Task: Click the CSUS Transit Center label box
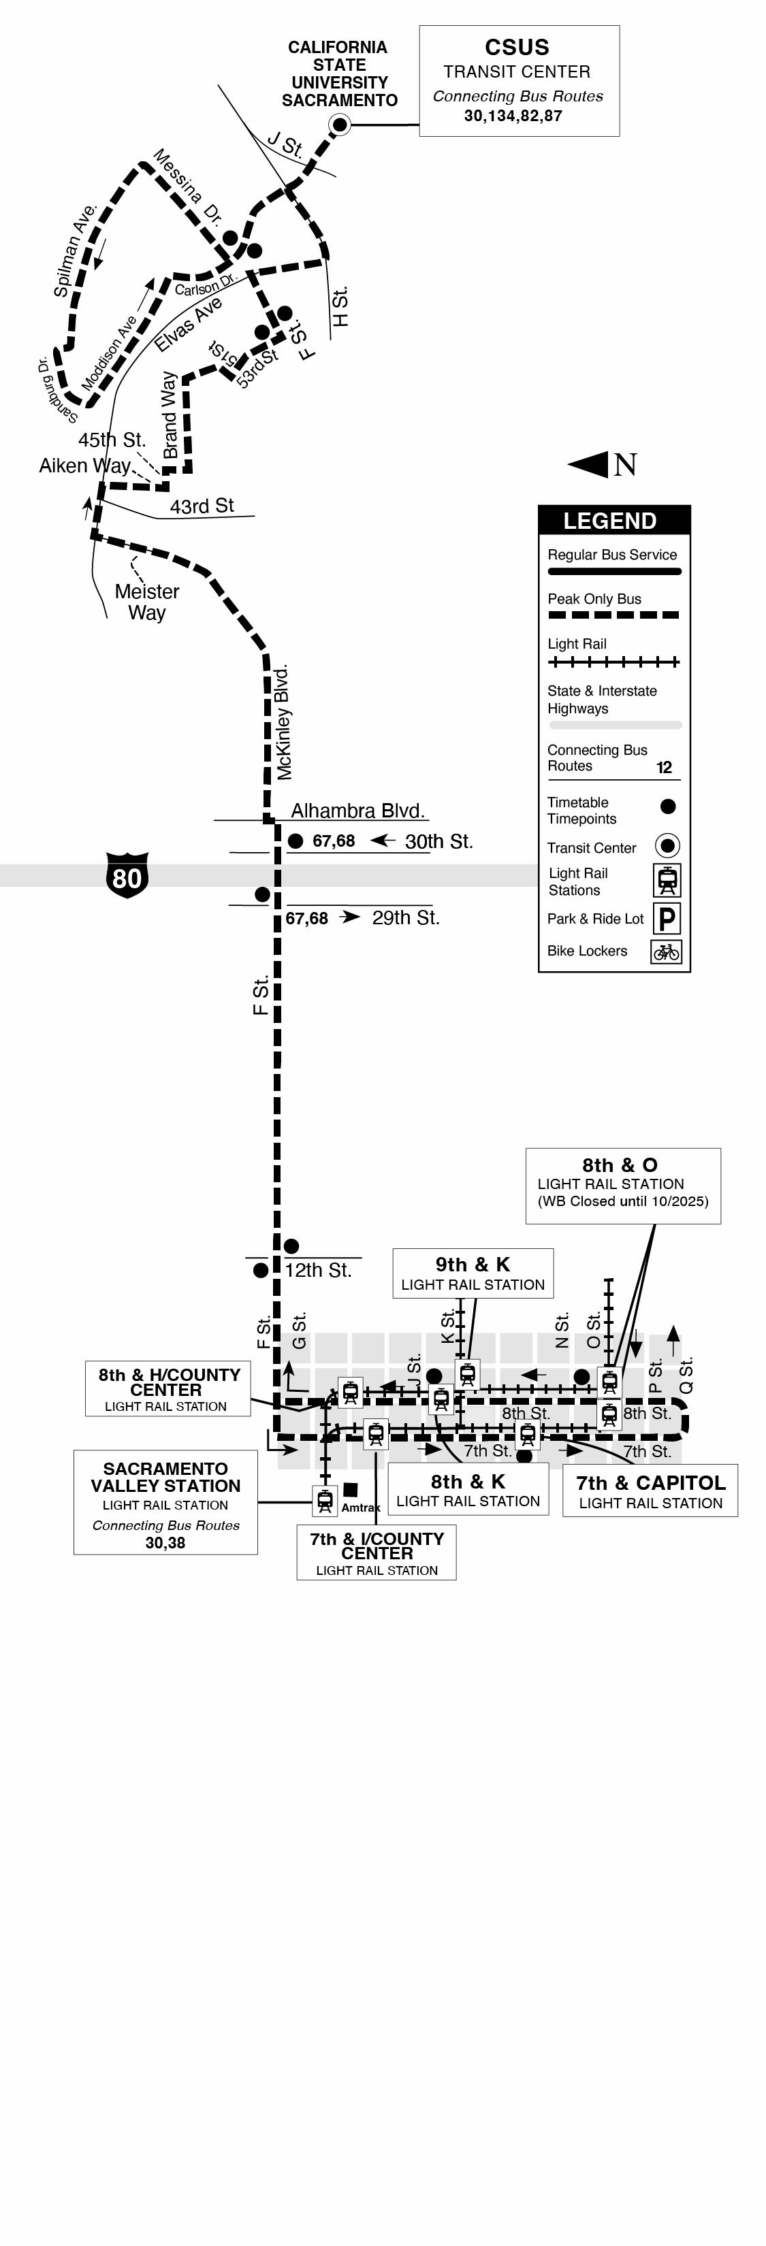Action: [x=519, y=80]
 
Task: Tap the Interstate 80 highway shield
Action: [x=127, y=875]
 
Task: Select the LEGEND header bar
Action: [x=613, y=521]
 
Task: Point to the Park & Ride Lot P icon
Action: [x=667, y=918]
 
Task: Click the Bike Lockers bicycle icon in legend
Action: [x=667, y=951]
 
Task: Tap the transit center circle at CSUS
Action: [x=339, y=125]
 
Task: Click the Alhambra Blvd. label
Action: [x=357, y=811]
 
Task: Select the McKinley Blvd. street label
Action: [x=283, y=722]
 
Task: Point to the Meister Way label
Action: [x=146, y=602]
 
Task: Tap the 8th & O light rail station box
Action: [x=622, y=1185]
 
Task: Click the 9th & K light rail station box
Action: [x=472, y=1273]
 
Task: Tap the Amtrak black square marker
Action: [x=350, y=1489]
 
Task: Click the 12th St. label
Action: [x=317, y=1270]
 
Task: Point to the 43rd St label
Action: [x=202, y=506]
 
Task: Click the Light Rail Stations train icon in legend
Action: [x=667, y=881]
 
